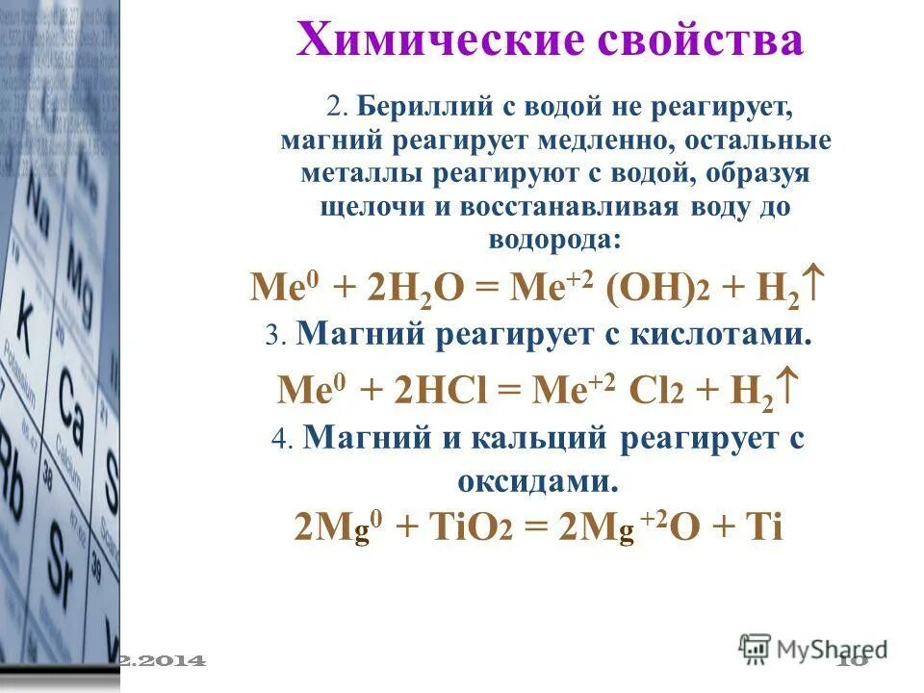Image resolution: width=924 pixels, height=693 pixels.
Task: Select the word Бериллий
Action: point(410,106)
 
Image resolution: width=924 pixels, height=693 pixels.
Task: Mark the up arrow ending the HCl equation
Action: point(787,387)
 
